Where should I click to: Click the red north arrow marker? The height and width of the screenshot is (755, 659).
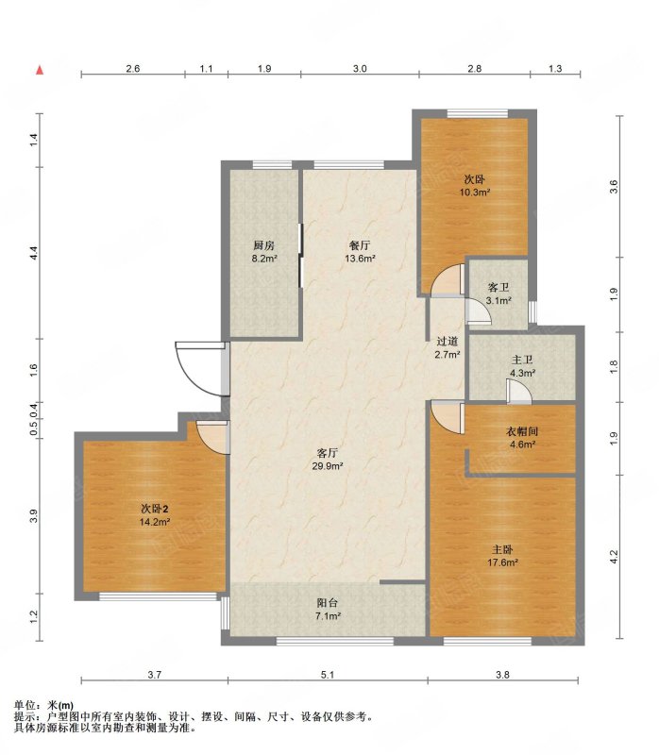tap(41, 70)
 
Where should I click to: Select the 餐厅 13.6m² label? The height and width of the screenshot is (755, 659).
tap(360, 251)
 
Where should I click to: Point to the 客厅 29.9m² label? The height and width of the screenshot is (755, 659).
tap(327, 460)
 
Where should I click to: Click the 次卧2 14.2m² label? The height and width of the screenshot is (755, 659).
tap(155, 515)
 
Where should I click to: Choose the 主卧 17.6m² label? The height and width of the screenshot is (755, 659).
tap(502, 556)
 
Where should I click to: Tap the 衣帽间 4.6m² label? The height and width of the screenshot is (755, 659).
tap(522, 438)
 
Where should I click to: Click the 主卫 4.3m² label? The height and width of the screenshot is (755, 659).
tap(523, 366)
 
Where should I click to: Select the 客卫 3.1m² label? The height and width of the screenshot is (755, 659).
tap(498, 294)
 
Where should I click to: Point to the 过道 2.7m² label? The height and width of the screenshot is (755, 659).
tap(447, 348)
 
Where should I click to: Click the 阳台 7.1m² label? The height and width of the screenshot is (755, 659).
tap(328, 609)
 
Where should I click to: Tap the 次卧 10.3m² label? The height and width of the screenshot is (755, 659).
tap(475, 186)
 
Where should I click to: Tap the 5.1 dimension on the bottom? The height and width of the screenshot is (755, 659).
tap(327, 675)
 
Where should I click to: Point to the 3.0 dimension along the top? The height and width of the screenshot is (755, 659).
tap(360, 68)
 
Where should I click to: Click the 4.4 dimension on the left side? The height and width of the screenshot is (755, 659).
tap(33, 253)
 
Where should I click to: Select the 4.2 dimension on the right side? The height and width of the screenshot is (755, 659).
tap(614, 557)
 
